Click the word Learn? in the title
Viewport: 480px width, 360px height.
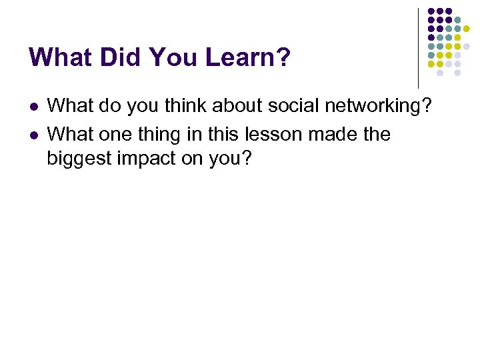point(248,57)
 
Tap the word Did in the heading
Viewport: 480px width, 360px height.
point(121,57)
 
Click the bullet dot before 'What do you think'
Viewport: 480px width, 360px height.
point(35,107)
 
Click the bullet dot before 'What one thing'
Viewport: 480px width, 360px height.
point(35,135)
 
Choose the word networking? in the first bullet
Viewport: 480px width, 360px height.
point(381,105)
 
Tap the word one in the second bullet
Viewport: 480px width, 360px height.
point(112,134)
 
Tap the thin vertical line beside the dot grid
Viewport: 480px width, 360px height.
point(418,47)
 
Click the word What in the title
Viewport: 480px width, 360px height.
point(63,57)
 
